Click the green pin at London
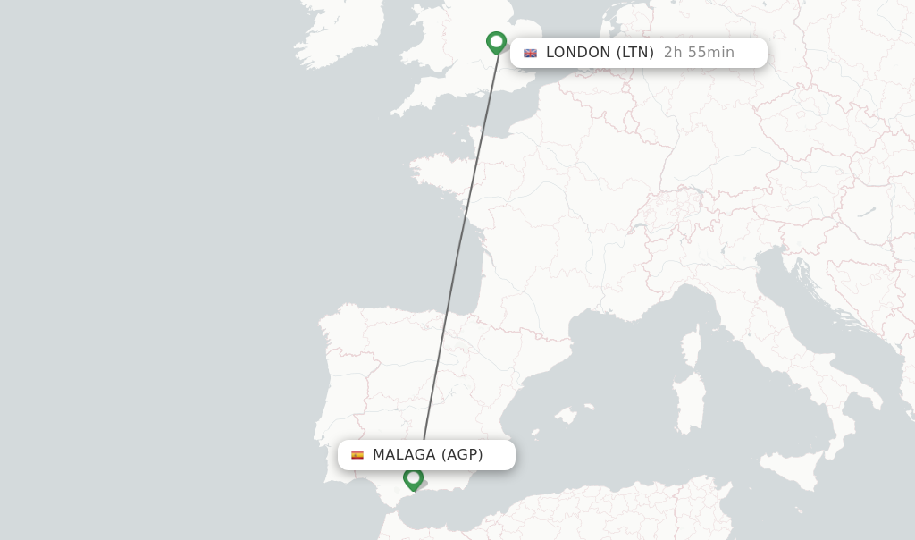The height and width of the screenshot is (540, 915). click(496, 41)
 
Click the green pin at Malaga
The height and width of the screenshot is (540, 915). click(413, 478)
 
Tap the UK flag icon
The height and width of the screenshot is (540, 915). click(531, 53)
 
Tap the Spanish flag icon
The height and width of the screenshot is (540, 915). click(357, 455)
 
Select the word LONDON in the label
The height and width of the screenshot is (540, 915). click(578, 53)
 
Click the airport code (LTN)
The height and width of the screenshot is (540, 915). click(634, 53)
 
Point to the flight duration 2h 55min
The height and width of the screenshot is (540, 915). click(699, 53)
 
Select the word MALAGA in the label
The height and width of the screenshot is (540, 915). click(404, 455)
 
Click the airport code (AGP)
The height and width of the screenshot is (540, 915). click(462, 455)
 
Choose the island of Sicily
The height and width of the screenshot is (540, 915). click(794, 465)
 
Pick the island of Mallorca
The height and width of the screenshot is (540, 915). click(565, 416)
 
